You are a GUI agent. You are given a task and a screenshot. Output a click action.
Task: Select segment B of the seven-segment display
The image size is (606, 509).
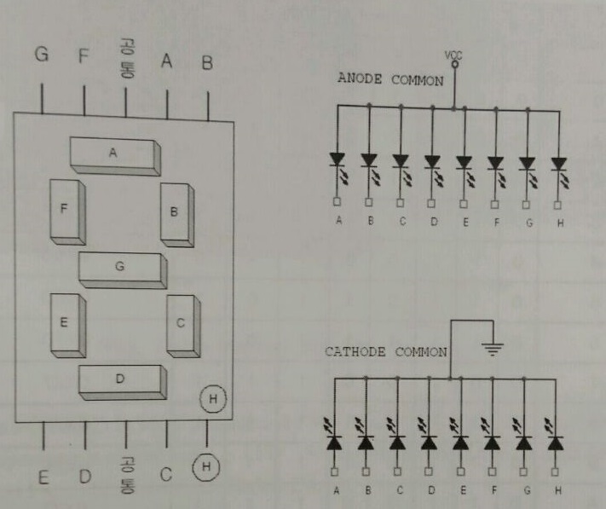(176, 213)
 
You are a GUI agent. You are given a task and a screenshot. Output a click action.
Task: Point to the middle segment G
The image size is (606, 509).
(121, 269)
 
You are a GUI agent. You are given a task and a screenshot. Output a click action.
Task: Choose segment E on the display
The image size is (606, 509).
(66, 324)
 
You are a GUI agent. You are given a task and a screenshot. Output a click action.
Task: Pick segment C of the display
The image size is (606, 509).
(182, 325)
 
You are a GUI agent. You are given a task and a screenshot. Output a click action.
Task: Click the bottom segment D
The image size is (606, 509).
(121, 380)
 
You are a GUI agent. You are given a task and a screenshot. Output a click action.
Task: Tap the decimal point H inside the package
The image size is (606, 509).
(213, 398)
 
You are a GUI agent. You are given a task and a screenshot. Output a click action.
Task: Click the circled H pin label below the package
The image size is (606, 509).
(205, 467)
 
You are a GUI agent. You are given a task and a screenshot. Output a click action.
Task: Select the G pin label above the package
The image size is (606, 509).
(41, 56)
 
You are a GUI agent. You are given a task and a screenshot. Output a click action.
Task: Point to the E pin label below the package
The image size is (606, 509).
(43, 477)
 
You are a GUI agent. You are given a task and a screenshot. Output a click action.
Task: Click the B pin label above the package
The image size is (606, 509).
(206, 61)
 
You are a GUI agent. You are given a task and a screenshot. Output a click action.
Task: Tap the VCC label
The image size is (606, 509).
(453, 55)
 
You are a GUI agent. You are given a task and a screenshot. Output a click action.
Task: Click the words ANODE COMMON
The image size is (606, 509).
(390, 80)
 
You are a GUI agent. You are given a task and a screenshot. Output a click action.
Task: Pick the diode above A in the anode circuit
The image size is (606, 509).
(338, 159)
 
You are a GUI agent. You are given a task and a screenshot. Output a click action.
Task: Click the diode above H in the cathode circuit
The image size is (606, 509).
(556, 442)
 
